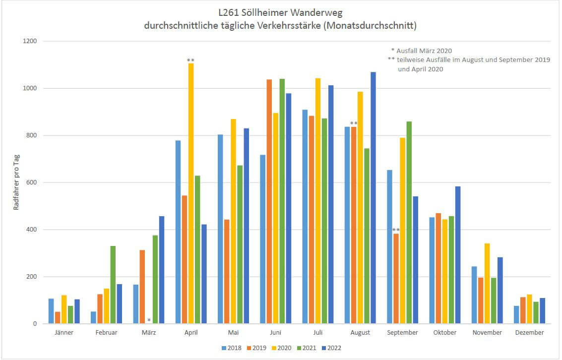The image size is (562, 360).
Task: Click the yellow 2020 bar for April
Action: point(190,193)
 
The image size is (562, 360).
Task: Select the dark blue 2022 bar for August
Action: point(373,198)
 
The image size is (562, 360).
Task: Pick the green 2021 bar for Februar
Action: point(113,285)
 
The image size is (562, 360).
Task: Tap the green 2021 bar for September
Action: point(409,223)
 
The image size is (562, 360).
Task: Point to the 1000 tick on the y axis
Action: point(34,88)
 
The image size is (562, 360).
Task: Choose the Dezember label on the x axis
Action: point(529,333)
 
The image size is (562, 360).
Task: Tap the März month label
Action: point(149,333)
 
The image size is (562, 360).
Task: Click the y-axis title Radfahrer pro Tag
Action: point(16,182)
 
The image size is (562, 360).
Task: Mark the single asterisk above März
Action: point(149,320)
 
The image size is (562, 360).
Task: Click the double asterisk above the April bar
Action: point(190,60)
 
